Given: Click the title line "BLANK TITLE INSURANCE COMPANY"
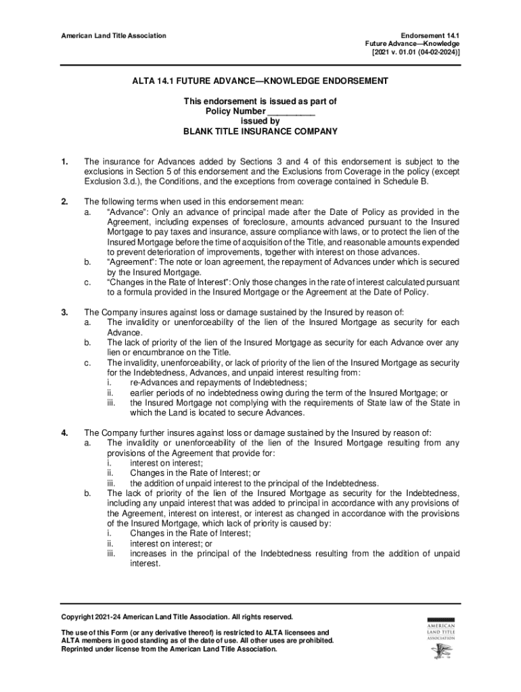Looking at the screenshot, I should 260,132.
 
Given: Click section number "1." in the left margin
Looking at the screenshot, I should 64,162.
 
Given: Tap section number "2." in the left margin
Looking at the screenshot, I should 64,201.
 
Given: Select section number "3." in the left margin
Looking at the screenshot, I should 64,312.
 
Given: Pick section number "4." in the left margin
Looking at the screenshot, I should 64,433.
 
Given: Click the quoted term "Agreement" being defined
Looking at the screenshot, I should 129,262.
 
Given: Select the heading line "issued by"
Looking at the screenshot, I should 260,122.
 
